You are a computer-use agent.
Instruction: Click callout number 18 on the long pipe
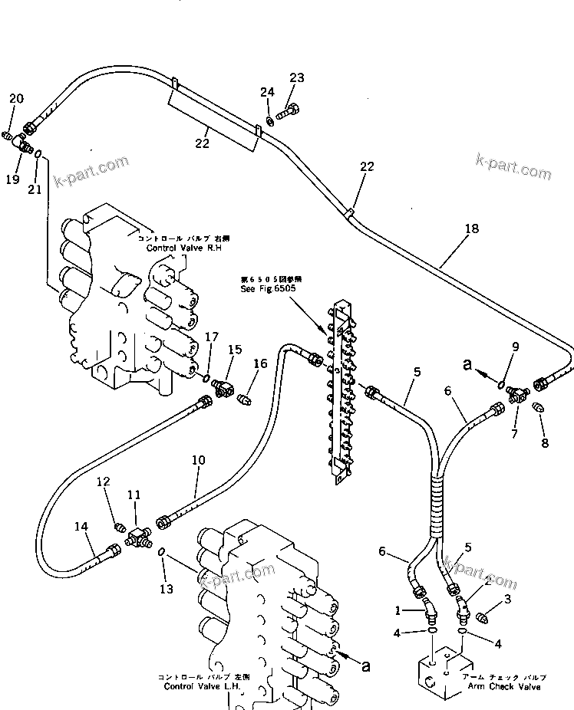pyautogui.click(x=471, y=228)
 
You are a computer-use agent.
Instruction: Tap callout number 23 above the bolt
pyautogui.click(x=296, y=77)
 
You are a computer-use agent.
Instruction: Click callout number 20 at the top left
pyautogui.click(x=16, y=98)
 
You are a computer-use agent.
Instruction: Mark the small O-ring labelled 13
pyautogui.click(x=162, y=552)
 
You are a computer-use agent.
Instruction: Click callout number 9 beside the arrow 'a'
pyautogui.click(x=515, y=347)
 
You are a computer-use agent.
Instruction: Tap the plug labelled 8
pyautogui.click(x=539, y=408)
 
